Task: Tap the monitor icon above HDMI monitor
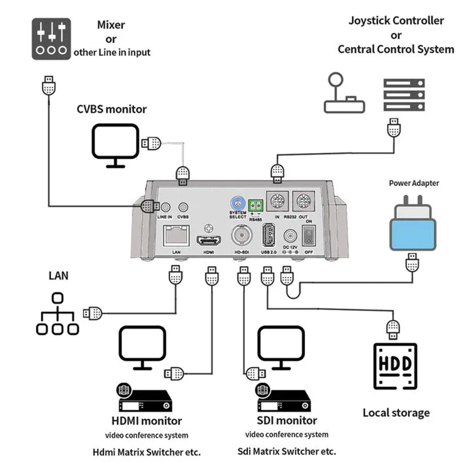coord(143,347)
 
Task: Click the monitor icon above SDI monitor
coord(281,347)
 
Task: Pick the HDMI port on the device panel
coord(210,241)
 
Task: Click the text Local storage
coord(396,413)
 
